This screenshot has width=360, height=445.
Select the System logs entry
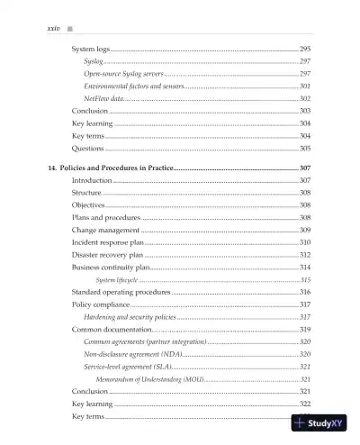[91, 48]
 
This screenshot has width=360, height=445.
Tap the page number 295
[304, 48]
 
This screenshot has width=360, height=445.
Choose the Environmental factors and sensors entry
[132, 86]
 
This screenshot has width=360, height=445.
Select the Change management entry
[105, 231]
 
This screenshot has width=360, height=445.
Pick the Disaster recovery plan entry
[107, 256]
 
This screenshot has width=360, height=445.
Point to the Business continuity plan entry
[110, 268]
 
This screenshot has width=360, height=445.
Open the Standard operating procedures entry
[121, 293]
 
